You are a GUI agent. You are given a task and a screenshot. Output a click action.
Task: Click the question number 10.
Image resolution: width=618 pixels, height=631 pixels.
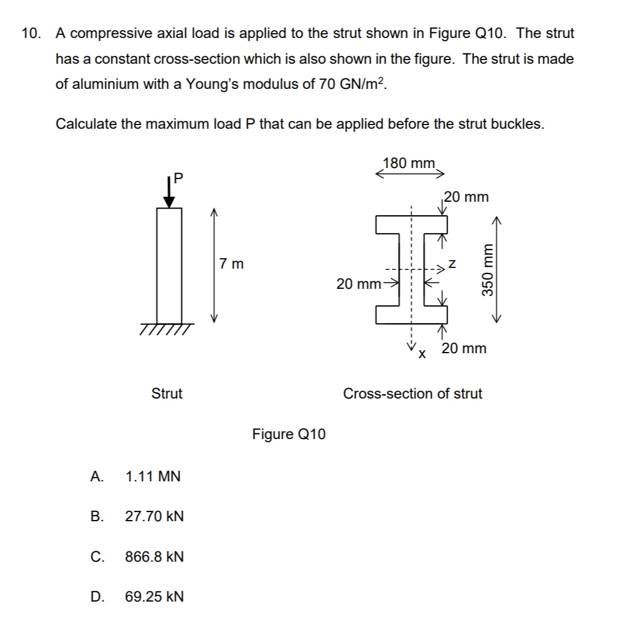(30, 34)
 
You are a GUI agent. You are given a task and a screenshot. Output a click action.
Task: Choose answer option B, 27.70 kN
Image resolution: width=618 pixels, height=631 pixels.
(154, 516)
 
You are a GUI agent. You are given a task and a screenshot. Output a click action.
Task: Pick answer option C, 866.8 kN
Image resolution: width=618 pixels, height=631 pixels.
(154, 557)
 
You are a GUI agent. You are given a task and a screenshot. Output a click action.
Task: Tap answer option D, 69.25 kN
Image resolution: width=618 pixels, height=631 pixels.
(154, 597)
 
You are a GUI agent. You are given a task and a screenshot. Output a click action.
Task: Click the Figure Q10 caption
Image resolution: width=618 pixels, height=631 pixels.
(289, 434)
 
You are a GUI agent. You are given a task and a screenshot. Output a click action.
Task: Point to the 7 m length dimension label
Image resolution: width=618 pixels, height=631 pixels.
(231, 264)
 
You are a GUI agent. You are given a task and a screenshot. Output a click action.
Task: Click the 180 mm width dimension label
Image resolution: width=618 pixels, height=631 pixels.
(408, 163)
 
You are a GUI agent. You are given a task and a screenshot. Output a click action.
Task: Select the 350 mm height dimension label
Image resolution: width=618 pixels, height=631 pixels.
(489, 270)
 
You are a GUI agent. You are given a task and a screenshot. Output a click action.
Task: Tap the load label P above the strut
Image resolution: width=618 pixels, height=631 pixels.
(178, 178)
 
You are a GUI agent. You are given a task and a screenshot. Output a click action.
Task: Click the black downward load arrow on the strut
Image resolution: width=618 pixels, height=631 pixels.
(169, 194)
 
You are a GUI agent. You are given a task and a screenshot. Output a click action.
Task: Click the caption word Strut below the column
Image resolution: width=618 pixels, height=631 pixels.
(167, 394)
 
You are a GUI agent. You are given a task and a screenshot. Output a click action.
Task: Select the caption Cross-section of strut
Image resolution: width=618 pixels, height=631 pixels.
(413, 394)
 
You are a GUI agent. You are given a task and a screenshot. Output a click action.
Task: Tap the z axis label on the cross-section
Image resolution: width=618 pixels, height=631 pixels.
(452, 264)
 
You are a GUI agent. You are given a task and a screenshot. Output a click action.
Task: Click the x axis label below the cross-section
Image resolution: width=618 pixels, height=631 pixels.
(421, 354)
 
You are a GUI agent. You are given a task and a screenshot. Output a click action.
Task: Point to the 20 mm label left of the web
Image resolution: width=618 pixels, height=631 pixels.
(359, 284)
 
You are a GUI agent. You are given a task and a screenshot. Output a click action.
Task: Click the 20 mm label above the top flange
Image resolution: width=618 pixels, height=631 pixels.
(467, 197)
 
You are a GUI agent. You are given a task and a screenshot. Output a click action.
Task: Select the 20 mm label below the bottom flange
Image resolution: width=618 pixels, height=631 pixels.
(464, 348)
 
